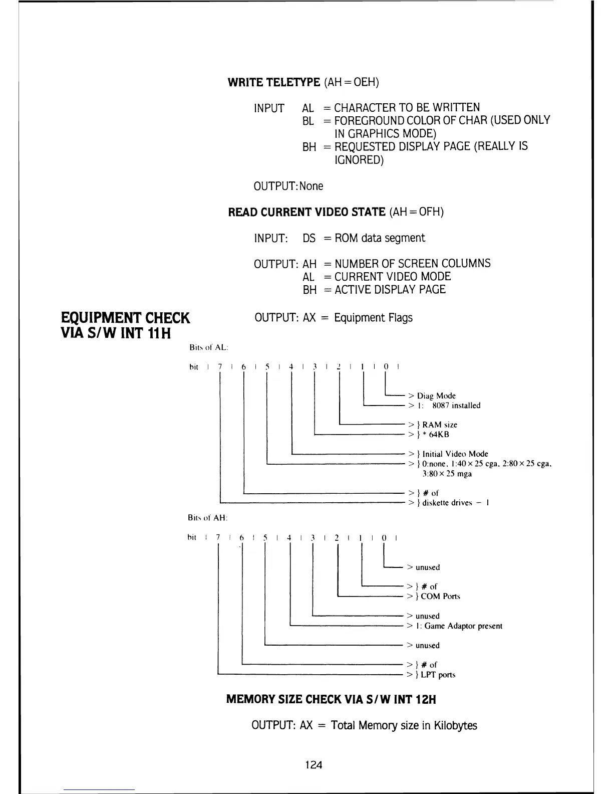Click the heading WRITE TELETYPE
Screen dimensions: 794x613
tap(273, 82)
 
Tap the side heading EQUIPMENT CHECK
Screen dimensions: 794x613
tap(126, 318)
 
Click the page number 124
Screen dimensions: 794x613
tap(314, 764)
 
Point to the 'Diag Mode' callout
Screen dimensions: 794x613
tap(436, 395)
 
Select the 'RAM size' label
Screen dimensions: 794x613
tap(440, 425)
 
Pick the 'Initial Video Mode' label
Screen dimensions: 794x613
tap(455, 454)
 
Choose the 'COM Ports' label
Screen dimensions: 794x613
tap(440, 597)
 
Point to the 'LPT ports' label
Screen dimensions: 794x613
tap(438, 675)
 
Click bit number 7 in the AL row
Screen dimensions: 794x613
tap(220, 366)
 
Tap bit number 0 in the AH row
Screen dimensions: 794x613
tap(384, 538)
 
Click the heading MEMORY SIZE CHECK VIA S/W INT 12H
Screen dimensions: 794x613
tap(331, 699)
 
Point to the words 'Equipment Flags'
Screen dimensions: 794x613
tap(373, 318)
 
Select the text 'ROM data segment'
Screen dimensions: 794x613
tap(380, 238)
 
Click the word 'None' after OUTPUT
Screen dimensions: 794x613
tap(312, 186)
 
